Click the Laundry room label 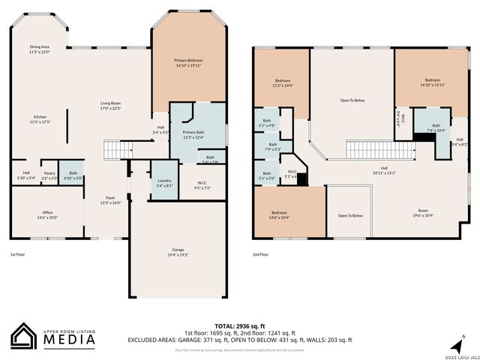[x=164, y=184]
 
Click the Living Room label [x=111, y=105]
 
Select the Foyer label [x=111, y=199]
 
